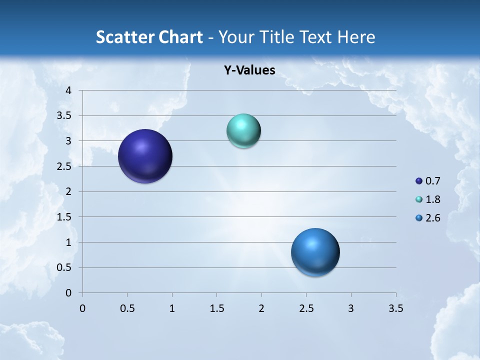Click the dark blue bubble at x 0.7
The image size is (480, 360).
click(145, 156)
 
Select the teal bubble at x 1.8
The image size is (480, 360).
click(243, 131)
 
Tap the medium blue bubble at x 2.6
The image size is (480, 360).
click(315, 252)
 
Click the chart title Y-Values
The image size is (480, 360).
click(249, 70)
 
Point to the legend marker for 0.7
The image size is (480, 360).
click(419, 181)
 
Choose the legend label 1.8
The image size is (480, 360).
click(433, 199)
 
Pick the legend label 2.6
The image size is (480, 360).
click(433, 218)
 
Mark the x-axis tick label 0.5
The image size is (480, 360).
click(127, 308)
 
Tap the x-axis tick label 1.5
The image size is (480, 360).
click(216, 308)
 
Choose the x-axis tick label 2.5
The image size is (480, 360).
click(306, 308)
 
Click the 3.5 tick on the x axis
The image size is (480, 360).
click(395, 308)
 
